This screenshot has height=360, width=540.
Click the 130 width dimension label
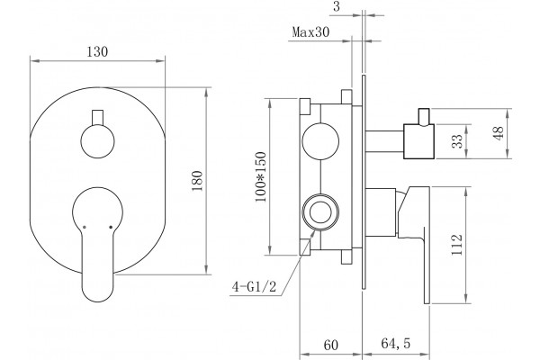tap(97, 51)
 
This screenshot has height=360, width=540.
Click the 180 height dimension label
tap(197, 181)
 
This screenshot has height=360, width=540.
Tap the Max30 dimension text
tap(310, 32)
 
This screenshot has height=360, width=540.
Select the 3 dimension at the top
tap(337, 7)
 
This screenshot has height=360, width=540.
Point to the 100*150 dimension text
tap(261, 176)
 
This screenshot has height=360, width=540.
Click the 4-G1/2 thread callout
tap(254, 286)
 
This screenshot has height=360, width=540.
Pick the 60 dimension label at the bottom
tap(331, 345)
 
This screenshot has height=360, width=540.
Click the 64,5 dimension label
tap(396, 344)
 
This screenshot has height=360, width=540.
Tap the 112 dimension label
tap(456, 245)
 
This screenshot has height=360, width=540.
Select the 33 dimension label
tap(457, 141)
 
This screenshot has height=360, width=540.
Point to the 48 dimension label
tap(499, 133)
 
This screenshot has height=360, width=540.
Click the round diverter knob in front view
tap(98, 141)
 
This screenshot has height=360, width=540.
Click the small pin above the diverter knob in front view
tap(98, 118)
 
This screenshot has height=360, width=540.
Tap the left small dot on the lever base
tap(85, 227)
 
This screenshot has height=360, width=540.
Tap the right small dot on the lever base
tap(111, 227)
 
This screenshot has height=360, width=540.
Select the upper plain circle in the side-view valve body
tap(320, 141)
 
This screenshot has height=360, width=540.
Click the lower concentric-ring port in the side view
tap(320, 212)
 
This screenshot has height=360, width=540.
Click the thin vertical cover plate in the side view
tap(364, 182)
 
